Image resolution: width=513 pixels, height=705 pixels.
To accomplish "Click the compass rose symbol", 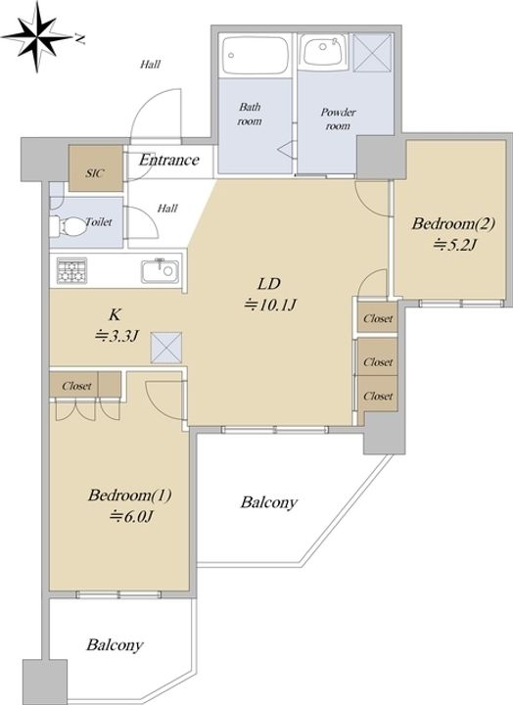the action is (x=37, y=37).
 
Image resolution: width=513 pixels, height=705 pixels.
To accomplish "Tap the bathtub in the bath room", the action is (x=256, y=55).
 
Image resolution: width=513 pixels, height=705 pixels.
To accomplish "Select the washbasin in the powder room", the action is (x=322, y=51).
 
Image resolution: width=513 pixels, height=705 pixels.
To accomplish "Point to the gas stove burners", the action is (x=71, y=270).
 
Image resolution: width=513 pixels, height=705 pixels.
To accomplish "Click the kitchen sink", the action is (x=160, y=271).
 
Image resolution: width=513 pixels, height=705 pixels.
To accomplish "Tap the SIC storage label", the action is (x=95, y=172).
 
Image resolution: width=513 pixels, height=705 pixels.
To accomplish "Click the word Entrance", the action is (x=169, y=160).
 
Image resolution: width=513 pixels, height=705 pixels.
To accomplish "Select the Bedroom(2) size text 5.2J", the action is (x=455, y=245).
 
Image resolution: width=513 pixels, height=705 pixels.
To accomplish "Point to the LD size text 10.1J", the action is (x=270, y=305).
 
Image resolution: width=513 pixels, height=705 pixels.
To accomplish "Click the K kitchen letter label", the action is (x=115, y=314).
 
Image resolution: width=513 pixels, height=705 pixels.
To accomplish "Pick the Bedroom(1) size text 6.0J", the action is (x=132, y=516).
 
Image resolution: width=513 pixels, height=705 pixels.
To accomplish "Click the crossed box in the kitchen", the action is (x=166, y=347).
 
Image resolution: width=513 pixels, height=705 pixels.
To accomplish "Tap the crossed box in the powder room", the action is (x=372, y=52).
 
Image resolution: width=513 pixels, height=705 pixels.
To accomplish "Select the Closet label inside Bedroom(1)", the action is (x=76, y=386).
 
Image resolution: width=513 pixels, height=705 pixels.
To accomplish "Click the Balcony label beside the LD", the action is (x=269, y=502).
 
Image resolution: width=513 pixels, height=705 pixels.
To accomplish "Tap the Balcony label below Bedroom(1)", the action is (x=116, y=645).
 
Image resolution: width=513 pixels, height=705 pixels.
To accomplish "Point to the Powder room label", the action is (x=338, y=118).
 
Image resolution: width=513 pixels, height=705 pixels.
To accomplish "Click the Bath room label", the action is (x=250, y=114).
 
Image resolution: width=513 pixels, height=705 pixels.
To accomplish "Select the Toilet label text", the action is (x=99, y=221).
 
